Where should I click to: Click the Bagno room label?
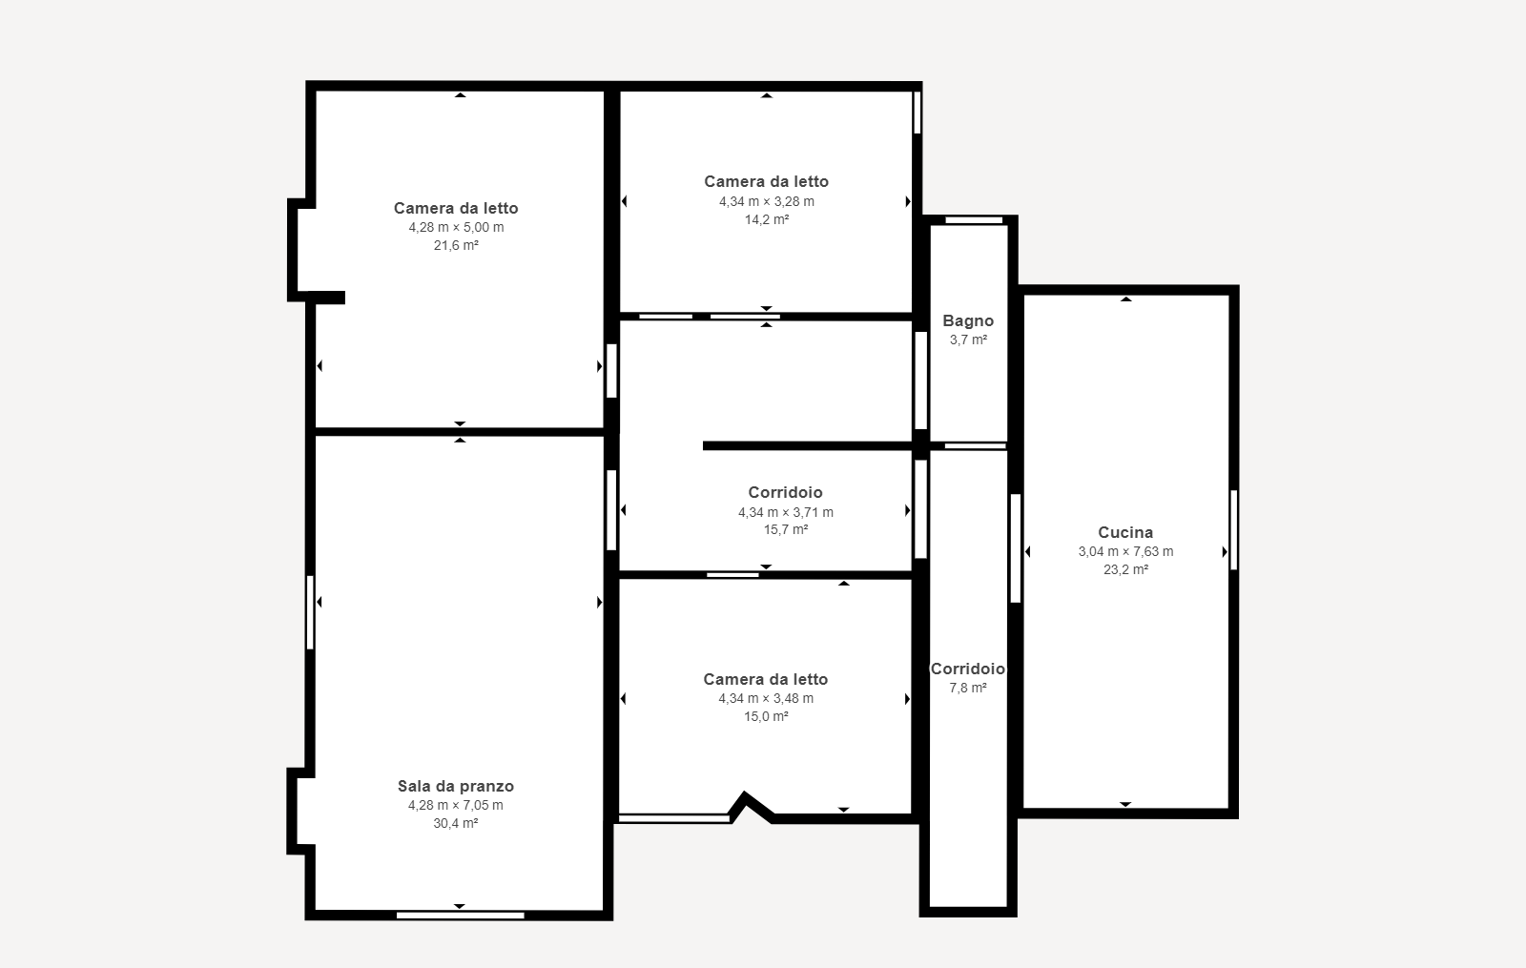click(x=968, y=320)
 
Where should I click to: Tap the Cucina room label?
click(x=1125, y=533)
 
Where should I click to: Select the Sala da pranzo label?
click(x=456, y=786)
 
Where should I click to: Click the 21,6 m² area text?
click(x=456, y=245)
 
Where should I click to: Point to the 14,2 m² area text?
click(x=767, y=219)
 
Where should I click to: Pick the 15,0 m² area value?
click(x=766, y=716)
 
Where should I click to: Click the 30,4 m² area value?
click(x=455, y=823)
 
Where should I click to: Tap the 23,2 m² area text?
click(x=1125, y=569)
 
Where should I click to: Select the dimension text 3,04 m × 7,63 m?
click(x=1125, y=552)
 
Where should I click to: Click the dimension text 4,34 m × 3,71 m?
click(x=786, y=512)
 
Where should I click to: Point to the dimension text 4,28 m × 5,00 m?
click(x=456, y=228)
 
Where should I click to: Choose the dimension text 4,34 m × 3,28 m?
click(x=767, y=201)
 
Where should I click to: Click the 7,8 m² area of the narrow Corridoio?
click(x=968, y=688)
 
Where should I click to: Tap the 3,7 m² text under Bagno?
click(x=968, y=340)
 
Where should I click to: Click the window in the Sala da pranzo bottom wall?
click(x=461, y=916)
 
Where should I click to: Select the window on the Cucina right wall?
click(x=1234, y=530)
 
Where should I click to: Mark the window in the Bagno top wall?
click(x=974, y=220)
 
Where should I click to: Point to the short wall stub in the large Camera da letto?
click(x=328, y=297)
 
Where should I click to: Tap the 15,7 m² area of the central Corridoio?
click(x=786, y=530)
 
